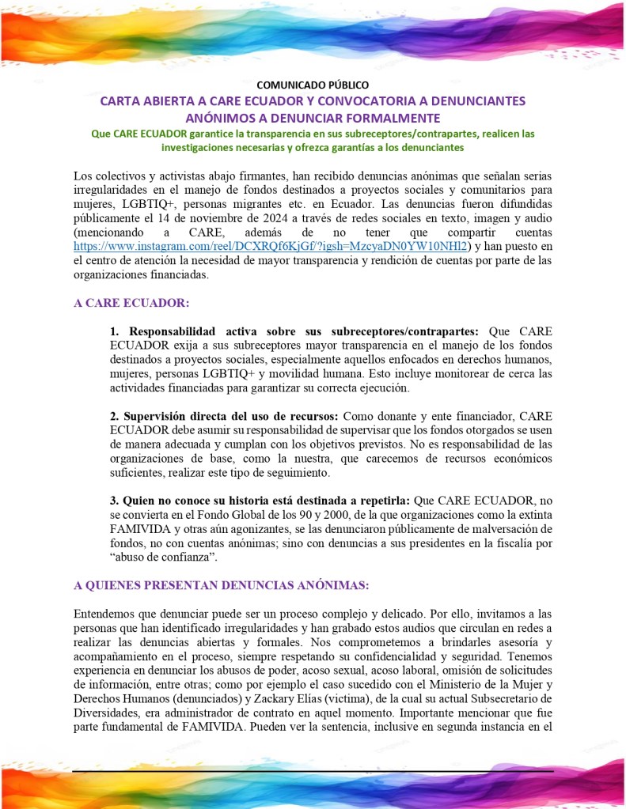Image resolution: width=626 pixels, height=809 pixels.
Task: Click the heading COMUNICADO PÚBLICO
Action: tap(313, 85)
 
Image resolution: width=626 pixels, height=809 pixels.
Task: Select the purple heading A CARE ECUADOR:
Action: tap(131, 303)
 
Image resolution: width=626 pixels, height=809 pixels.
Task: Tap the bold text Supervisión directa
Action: tap(176, 416)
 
